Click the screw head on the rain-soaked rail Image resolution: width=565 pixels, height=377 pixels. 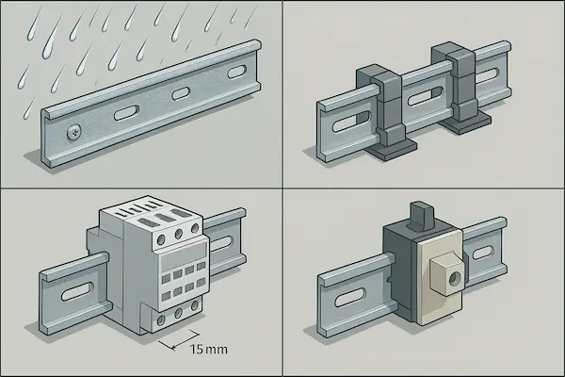pos(74,133)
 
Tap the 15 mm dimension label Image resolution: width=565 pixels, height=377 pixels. pos(209,350)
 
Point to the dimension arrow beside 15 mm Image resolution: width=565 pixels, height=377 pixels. pos(179,340)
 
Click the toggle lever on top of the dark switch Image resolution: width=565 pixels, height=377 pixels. pos(419,217)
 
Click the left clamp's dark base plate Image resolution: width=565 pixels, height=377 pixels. pos(391,149)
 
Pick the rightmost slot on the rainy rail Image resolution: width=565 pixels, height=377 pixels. pos(236,73)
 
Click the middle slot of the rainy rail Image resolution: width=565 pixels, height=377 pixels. pos(181,93)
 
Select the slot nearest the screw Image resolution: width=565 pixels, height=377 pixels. pos(126,112)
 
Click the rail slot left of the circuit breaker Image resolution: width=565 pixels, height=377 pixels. pos(77,292)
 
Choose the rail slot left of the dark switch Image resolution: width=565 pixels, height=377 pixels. pos(350,298)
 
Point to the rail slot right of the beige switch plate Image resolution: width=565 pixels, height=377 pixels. pos(483,253)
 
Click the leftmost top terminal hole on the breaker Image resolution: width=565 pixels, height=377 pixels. pos(161,239)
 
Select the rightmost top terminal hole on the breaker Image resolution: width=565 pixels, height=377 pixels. pos(195,228)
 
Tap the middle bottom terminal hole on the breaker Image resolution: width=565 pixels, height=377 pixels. pos(178,313)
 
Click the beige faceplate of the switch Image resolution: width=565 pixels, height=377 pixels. pos(440,277)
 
